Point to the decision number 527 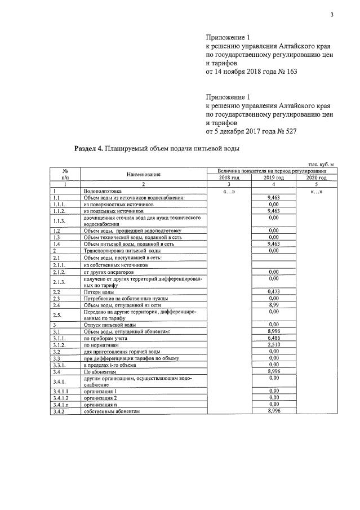point(290,131)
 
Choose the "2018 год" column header point(229,178)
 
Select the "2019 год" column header point(274,178)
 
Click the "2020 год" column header point(316,178)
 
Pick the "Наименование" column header point(144,174)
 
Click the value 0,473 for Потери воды point(274,292)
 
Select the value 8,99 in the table point(274,304)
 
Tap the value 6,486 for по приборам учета point(274,338)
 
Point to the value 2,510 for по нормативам point(274,344)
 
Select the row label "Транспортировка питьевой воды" point(118,250)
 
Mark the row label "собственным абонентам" point(111,411)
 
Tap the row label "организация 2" point(100,399)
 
